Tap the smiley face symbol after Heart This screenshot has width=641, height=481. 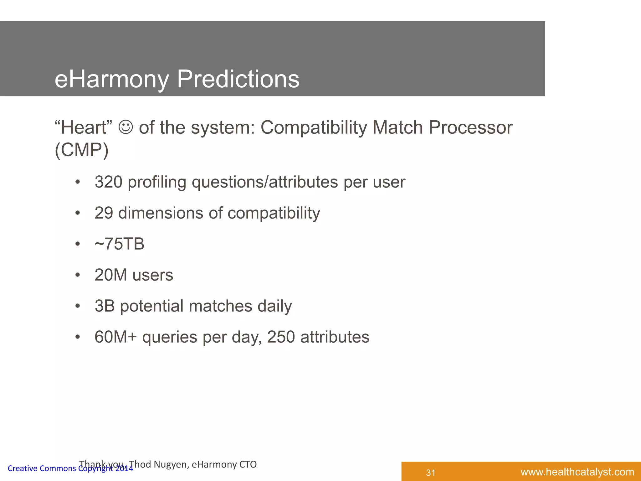(x=126, y=127)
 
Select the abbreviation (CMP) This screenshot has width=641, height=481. (x=81, y=150)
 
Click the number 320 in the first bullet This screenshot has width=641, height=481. (x=108, y=182)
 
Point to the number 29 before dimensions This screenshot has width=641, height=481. (x=104, y=213)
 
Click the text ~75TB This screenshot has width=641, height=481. (x=119, y=244)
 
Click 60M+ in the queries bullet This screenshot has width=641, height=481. (x=115, y=337)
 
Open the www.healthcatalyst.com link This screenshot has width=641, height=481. (x=577, y=472)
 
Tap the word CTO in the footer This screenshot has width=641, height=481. (x=248, y=464)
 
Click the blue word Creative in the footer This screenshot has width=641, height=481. (x=22, y=468)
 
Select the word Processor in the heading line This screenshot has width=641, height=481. (x=470, y=128)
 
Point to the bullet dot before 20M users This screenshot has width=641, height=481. (x=78, y=275)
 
